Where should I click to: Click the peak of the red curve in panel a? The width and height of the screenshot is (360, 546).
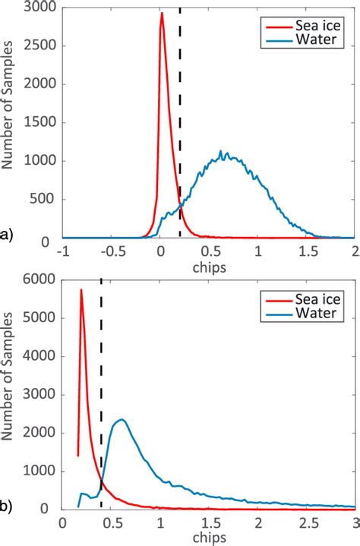[161, 13]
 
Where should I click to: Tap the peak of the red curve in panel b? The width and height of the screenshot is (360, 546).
[81, 290]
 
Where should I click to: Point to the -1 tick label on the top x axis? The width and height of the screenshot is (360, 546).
[65, 251]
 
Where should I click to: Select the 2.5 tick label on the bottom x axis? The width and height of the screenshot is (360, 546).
[307, 523]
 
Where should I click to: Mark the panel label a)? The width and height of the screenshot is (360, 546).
[8, 236]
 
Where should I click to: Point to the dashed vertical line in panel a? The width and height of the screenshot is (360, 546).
[180, 114]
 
